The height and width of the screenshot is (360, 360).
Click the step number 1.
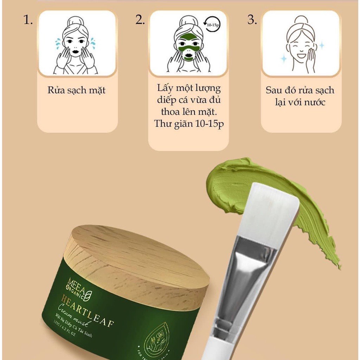coord(28,20)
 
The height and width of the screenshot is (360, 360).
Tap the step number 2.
coord(140,20)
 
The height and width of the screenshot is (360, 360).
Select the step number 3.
coord(252,20)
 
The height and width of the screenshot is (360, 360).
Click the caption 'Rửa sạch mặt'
coord(77,90)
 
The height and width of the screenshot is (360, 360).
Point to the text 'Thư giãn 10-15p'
coord(188,124)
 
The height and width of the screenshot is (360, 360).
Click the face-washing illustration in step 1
coord(76,44)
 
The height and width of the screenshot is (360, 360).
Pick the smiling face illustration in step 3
coord(301,44)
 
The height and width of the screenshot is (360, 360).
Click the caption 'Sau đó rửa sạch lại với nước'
coord(300,96)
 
